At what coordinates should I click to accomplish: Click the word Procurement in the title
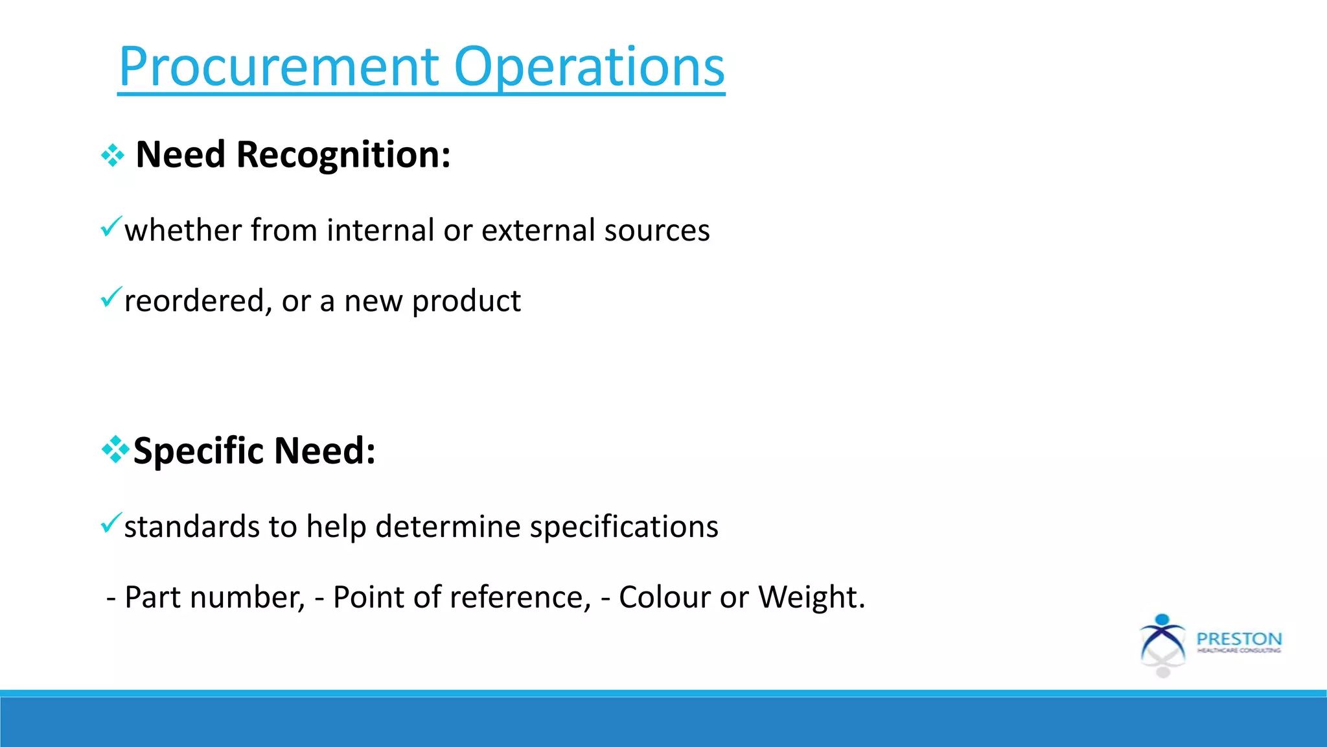click(x=279, y=67)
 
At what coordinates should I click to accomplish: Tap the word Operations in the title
click(x=589, y=67)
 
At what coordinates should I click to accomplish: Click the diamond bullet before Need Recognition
click(x=113, y=156)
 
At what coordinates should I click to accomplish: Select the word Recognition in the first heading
click(x=343, y=155)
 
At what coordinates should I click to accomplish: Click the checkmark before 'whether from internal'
click(x=111, y=226)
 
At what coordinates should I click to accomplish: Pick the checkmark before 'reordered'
click(x=111, y=297)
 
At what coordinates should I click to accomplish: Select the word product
click(x=466, y=302)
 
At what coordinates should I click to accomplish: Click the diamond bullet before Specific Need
click(x=115, y=450)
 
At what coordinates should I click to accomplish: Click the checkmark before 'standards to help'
click(x=111, y=523)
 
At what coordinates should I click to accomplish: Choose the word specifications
click(x=623, y=527)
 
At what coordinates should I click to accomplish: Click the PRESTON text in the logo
click(x=1239, y=639)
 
